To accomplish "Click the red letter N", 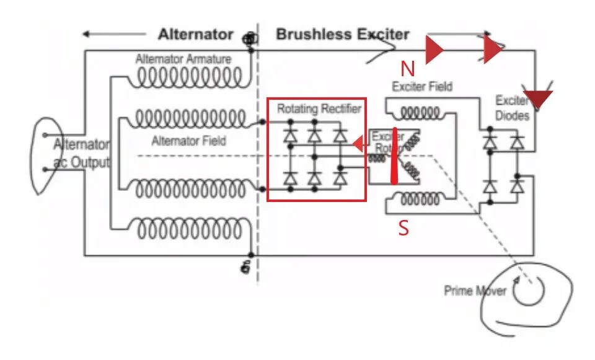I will coord(407,69).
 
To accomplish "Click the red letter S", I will coord(403,228).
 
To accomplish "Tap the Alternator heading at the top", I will coord(195,34).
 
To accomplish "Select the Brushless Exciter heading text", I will coord(343,34).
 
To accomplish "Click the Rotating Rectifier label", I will coord(319,109).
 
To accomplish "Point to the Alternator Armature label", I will coord(183,59).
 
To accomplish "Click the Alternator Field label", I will coord(189,141).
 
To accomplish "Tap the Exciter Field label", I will coord(422,87).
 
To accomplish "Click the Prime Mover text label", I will coord(475,291).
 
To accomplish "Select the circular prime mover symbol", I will coord(528,290).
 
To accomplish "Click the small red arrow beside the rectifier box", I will coord(358,144).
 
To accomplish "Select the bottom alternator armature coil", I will coord(189,229).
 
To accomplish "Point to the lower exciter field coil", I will coord(421,200).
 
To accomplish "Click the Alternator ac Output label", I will coord(81,153).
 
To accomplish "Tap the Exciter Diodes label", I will coord(513,108).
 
